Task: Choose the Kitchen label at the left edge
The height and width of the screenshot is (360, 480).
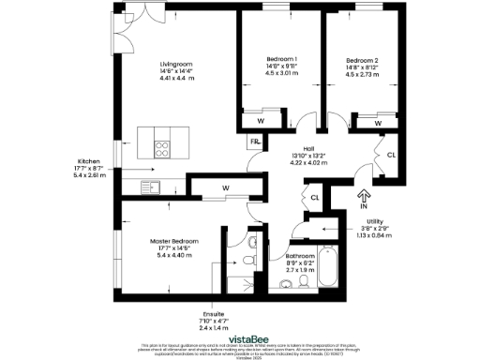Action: tap(89, 161)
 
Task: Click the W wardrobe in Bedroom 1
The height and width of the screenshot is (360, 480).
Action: tap(260, 121)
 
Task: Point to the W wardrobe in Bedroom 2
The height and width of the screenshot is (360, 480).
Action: tap(378, 122)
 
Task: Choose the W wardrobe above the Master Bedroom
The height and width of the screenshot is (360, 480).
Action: tap(226, 188)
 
